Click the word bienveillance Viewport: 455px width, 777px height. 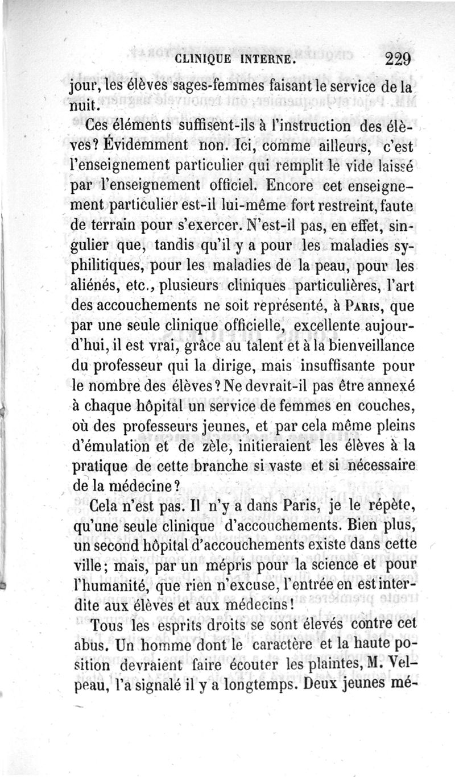(369, 346)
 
